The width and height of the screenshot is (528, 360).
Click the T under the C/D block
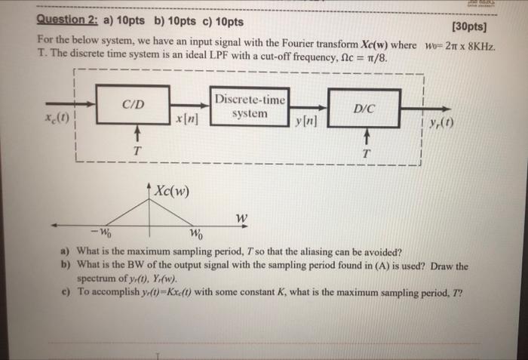[x=136, y=151]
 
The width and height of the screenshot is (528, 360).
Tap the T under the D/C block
[x=367, y=153]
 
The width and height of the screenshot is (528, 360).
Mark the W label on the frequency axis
[x=241, y=218]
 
